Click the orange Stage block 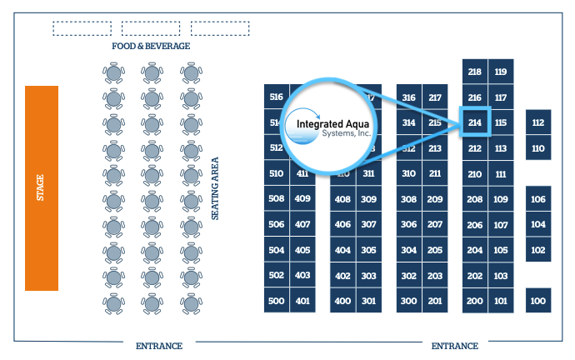41,187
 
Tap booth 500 277,301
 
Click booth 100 538,301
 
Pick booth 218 475,72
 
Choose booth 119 501,72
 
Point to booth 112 538,123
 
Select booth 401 302,301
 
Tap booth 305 368,250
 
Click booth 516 277,97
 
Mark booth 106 538,199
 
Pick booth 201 435,301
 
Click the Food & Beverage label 152,46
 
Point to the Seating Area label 215,188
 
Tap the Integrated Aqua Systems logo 330,127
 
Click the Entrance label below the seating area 159,345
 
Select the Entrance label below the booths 455,345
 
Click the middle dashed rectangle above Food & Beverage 152,28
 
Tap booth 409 302,199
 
